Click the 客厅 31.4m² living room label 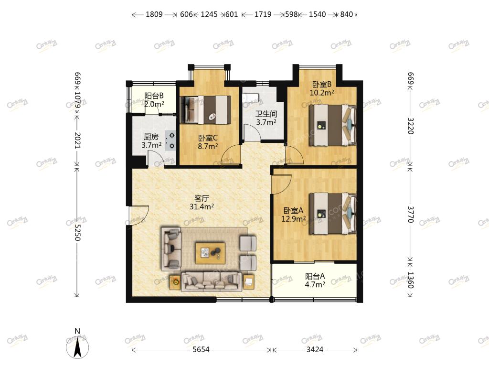tap(202, 202)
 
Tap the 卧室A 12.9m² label tap(293, 215)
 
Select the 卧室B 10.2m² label tap(322, 88)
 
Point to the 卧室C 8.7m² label tap(208, 142)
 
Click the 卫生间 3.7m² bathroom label tap(266, 118)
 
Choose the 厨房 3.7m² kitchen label tap(151, 141)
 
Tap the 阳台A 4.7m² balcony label tap(315, 280)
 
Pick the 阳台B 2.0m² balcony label tap(154, 100)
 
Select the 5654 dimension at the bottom tap(201, 349)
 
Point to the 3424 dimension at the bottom tap(315, 349)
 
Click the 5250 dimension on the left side tap(77, 233)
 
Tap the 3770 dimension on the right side tap(410, 214)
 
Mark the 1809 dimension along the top tap(154, 14)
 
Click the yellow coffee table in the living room tap(211, 253)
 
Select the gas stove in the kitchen tap(170, 141)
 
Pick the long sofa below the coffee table tap(211, 281)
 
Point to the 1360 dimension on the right tap(410, 280)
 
